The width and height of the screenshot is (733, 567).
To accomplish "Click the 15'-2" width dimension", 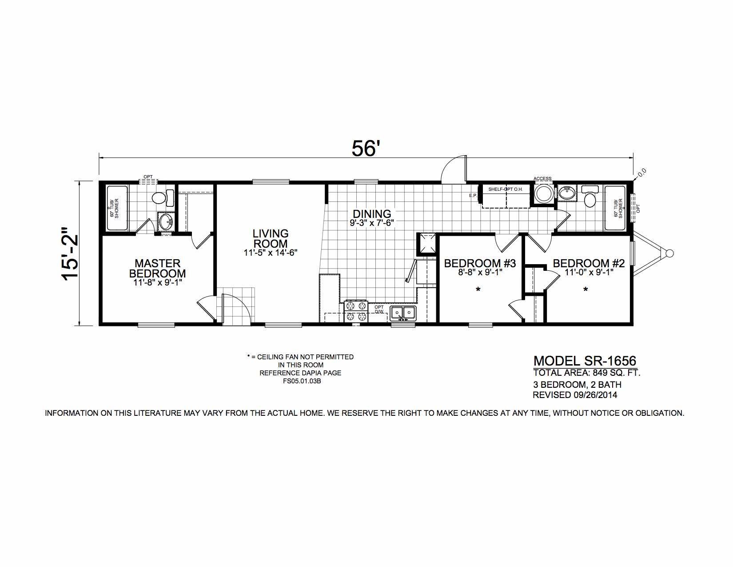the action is (x=70, y=253).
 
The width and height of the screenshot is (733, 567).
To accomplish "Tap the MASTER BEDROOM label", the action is (x=158, y=268).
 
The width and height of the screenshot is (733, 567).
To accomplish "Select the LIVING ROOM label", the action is (x=271, y=238).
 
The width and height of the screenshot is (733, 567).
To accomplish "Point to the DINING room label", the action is (x=372, y=214).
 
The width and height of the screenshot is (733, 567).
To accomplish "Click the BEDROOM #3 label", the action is (x=480, y=263).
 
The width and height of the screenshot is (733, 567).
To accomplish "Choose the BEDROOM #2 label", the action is (x=589, y=263).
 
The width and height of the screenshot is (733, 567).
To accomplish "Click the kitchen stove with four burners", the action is (x=356, y=311).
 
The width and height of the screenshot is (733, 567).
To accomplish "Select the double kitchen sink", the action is (x=403, y=313).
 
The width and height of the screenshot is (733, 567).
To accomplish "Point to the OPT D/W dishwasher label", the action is (x=379, y=309).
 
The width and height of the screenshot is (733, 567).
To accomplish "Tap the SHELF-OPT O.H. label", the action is (x=505, y=189).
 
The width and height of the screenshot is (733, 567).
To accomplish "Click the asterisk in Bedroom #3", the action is (x=478, y=290).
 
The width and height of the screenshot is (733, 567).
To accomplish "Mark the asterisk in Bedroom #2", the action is (x=586, y=290).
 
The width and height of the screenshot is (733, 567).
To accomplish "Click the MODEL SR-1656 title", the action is (x=585, y=361).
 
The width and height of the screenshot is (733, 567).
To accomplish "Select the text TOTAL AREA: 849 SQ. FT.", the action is (x=586, y=373).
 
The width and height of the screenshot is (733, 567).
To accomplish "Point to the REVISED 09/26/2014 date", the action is (x=575, y=395).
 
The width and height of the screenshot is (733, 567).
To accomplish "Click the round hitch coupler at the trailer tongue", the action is (x=669, y=253).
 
